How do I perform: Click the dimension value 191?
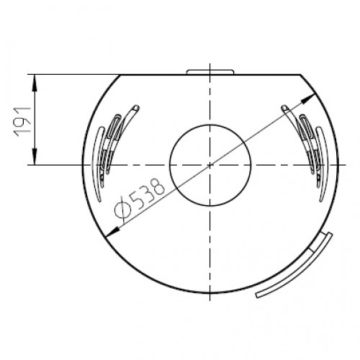click(x=22, y=120)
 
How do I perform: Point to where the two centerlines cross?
click(x=210, y=165)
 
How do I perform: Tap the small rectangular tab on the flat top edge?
click(x=210, y=71)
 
